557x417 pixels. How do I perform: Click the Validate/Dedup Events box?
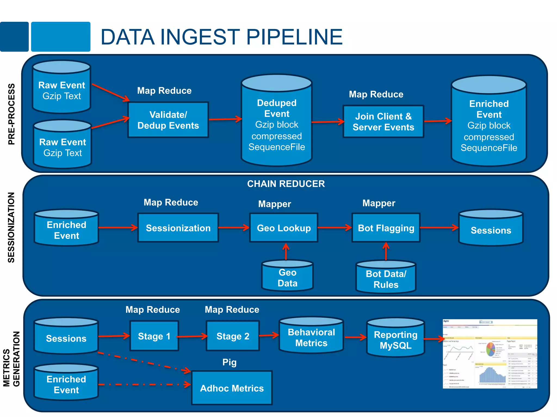[x=168, y=120]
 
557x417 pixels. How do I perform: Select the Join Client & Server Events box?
[x=383, y=121]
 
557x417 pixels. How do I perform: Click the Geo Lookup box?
[x=284, y=228]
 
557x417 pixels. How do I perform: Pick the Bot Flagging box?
[x=386, y=228]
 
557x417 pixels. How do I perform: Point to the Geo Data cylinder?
[x=287, y=277]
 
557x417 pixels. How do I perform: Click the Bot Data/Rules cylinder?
[x=386, y=278]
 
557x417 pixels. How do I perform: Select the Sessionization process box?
[x=178, y=228]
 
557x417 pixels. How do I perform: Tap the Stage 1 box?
[x=154, y=336]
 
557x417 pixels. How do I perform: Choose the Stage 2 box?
[x=233, y=336]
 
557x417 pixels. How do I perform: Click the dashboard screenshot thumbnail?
[x=490, y=354]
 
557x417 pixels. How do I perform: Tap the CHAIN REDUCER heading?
[x=286, y=184]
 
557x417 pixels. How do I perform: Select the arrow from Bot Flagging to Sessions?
[x=439, y=228]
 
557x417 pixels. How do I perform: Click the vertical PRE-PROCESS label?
[x=11, y=114]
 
